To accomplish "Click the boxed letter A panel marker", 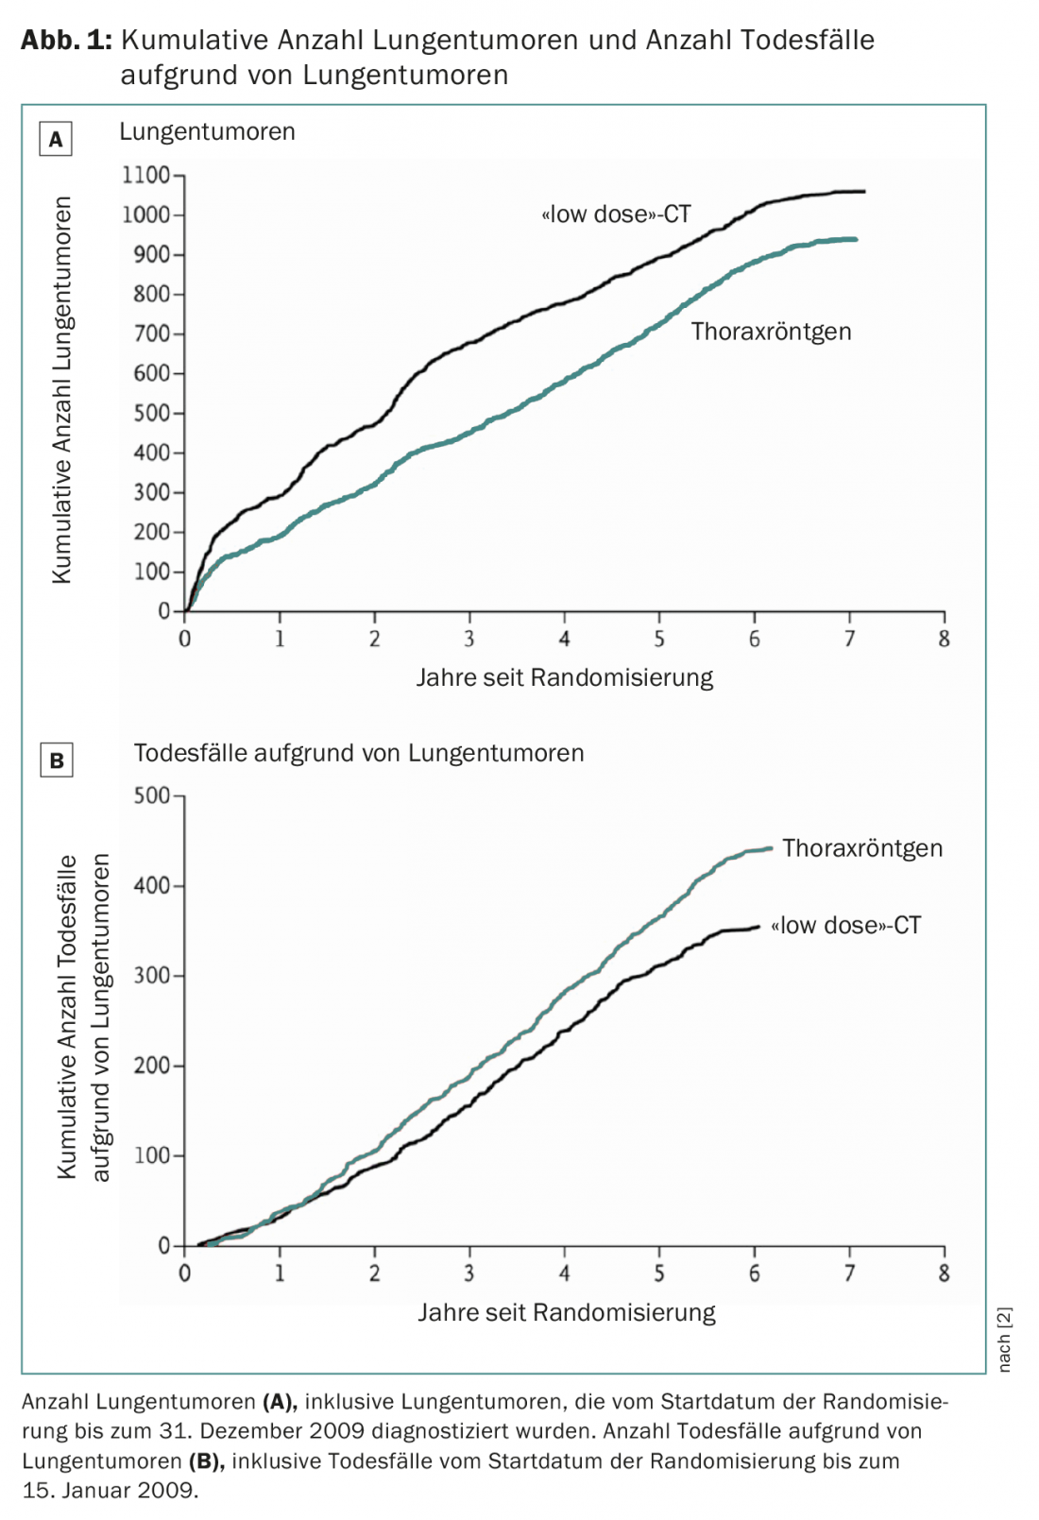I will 56,139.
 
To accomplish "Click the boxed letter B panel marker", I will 57,760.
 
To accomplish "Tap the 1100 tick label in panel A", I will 145,175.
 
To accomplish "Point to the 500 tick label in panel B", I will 151,795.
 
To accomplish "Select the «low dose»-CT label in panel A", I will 616,214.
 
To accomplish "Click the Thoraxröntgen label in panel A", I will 771,332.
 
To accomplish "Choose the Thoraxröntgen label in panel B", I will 861,848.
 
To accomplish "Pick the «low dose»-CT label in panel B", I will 845,926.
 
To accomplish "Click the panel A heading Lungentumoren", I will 207,131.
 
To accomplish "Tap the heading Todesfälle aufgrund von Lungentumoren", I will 359,753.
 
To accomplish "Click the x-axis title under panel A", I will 565,677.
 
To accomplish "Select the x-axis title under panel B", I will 567,1312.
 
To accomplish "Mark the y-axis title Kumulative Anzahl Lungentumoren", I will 62,389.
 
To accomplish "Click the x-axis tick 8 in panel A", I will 944,640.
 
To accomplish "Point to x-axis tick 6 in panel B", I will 754,1273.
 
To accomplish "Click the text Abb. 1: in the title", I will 66,40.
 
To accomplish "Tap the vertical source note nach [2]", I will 1005,1340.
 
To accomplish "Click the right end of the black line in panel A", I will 863,192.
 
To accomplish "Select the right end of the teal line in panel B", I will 771,848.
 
